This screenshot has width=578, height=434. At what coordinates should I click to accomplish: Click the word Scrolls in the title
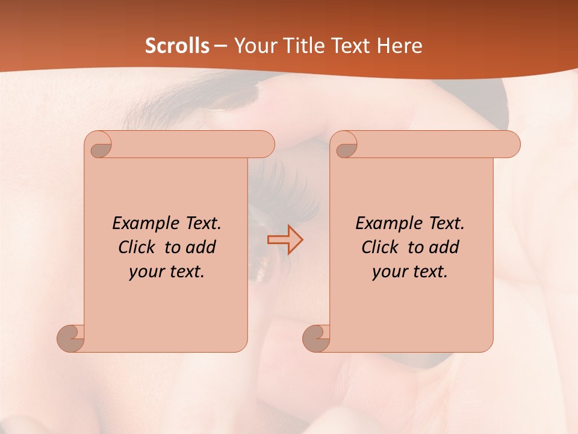click(178, 46)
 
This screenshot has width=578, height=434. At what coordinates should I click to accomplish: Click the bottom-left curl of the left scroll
click(70, 338)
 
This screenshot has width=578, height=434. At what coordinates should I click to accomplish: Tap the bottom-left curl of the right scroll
click(315, 338)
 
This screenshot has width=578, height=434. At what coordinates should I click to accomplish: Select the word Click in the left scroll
click(132, 248)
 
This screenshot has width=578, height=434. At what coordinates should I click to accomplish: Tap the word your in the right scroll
click(388, 272)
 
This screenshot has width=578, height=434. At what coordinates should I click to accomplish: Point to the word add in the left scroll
click(201, 248)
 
